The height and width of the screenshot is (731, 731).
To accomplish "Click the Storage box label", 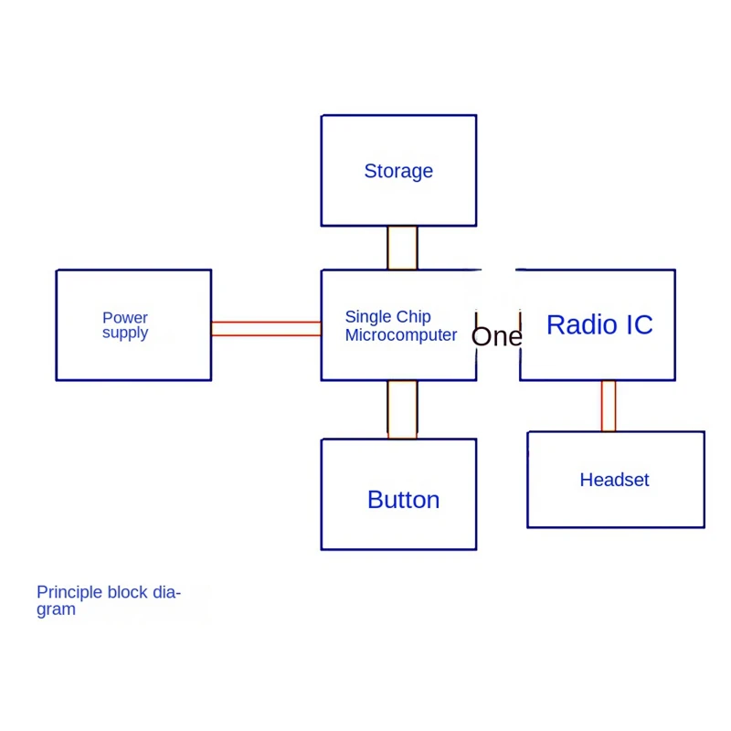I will [398, 171].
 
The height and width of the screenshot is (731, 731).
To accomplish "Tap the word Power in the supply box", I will [125, 318].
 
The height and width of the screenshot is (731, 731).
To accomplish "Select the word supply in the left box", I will [125, 333].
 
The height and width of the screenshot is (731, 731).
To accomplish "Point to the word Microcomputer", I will [401, 335].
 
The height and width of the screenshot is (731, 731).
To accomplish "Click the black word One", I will [496, 336].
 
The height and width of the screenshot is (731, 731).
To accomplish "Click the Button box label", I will [403, 500].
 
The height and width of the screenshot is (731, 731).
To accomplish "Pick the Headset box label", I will [614, 480].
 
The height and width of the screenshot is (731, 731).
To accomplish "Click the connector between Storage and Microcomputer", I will [402, 248].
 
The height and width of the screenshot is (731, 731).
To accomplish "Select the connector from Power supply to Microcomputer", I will [266, 328].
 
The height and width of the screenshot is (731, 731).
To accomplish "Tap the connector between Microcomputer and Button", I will [402, 409].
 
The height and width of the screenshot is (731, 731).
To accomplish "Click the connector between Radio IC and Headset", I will [609, 406].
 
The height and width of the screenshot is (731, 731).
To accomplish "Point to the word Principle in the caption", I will [69, 592].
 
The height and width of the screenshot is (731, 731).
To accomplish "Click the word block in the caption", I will [127, 592].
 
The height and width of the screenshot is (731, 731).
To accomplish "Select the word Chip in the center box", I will [414, 317].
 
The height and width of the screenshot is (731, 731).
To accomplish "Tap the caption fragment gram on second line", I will [56, 609].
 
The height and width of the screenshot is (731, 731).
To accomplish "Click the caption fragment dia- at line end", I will [166, 592].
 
